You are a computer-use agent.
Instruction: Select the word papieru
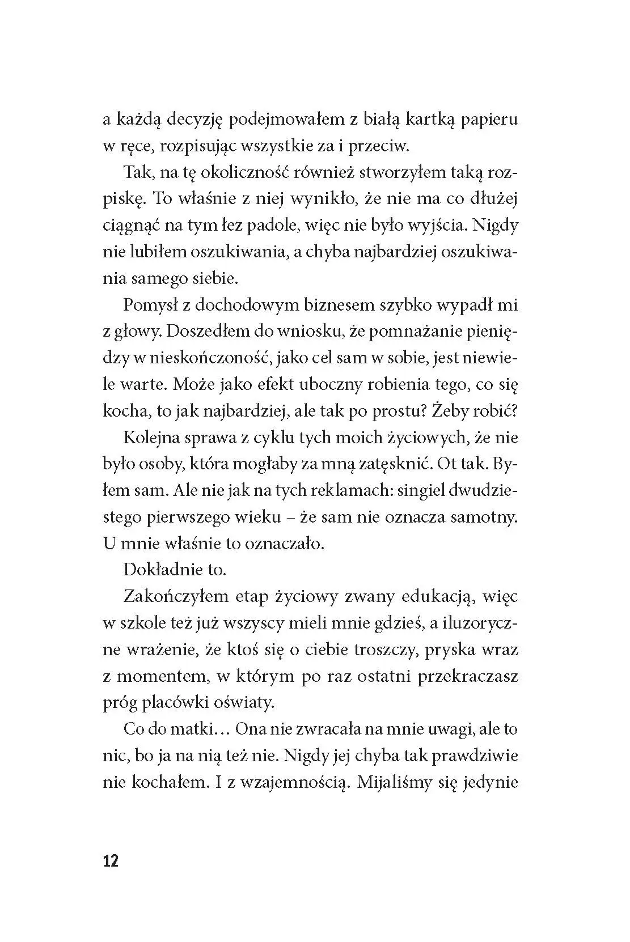489,120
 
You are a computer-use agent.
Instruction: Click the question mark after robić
515,411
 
